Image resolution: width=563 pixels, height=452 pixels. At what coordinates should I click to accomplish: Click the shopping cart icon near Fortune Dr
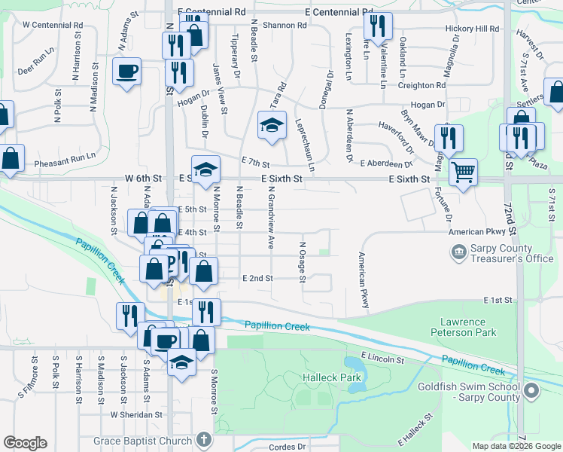tap(463, 171)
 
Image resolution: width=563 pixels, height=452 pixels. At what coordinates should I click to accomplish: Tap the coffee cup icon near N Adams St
tap(126, 72)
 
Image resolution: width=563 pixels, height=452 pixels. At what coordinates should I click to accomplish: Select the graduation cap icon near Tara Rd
tap(272, 125)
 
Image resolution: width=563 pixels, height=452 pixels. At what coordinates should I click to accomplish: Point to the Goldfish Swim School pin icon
tap(532, 390)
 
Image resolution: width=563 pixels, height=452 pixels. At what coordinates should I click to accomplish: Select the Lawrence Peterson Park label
tap(468, 326)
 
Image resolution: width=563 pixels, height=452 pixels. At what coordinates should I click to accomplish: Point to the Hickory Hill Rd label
tap(472, 28)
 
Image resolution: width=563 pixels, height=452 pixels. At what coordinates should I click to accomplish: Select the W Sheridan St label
tap(136, 414)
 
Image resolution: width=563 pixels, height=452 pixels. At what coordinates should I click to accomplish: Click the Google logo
tap(25, 443)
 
